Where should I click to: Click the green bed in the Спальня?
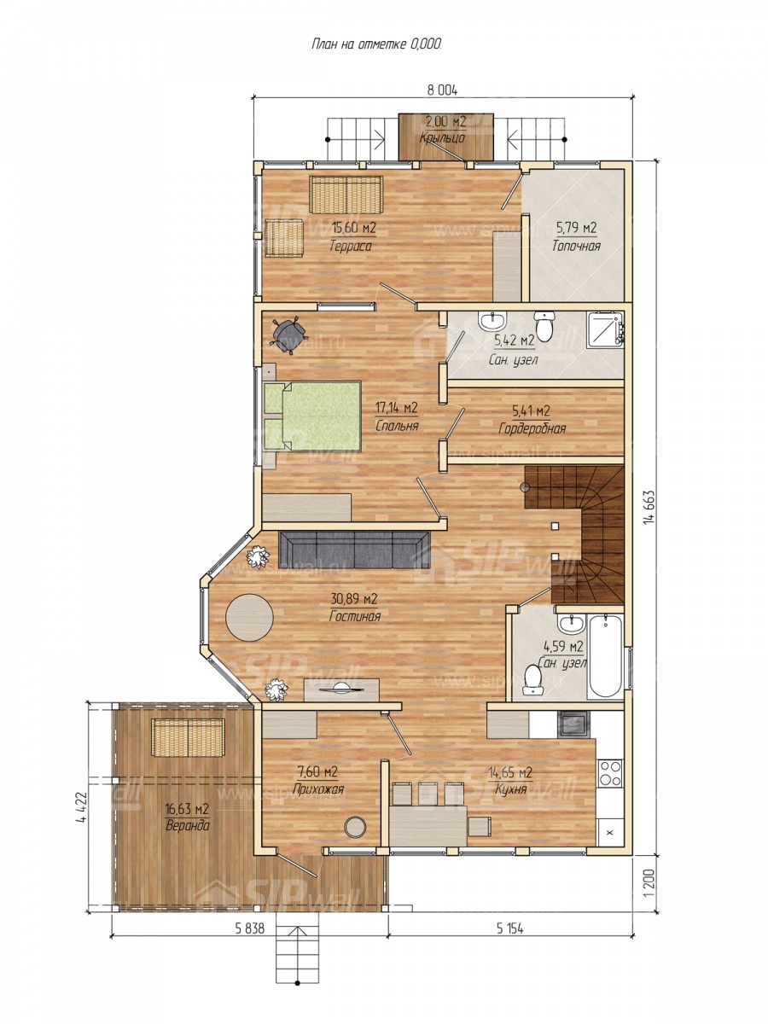[312, 416]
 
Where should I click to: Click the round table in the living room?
[249, 617]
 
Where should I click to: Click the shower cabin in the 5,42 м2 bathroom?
[606, 330]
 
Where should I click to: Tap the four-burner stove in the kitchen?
[610, 773]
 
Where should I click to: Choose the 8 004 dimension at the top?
[442, 90]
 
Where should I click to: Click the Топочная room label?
[576, 246]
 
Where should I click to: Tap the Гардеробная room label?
[532, 428]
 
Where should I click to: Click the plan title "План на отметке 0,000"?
[376, 44]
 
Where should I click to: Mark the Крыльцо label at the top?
[442, 137]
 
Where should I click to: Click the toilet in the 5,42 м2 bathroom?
[544, 326]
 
